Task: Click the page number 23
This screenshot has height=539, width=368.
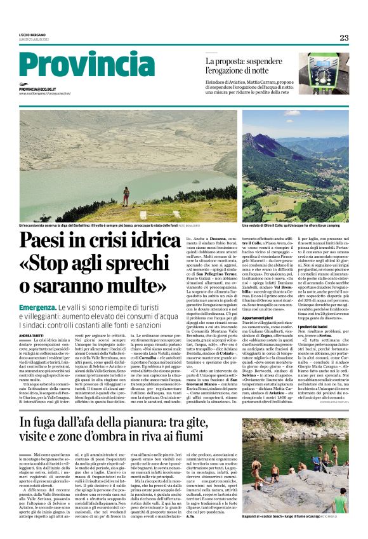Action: (x=344, y=37)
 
